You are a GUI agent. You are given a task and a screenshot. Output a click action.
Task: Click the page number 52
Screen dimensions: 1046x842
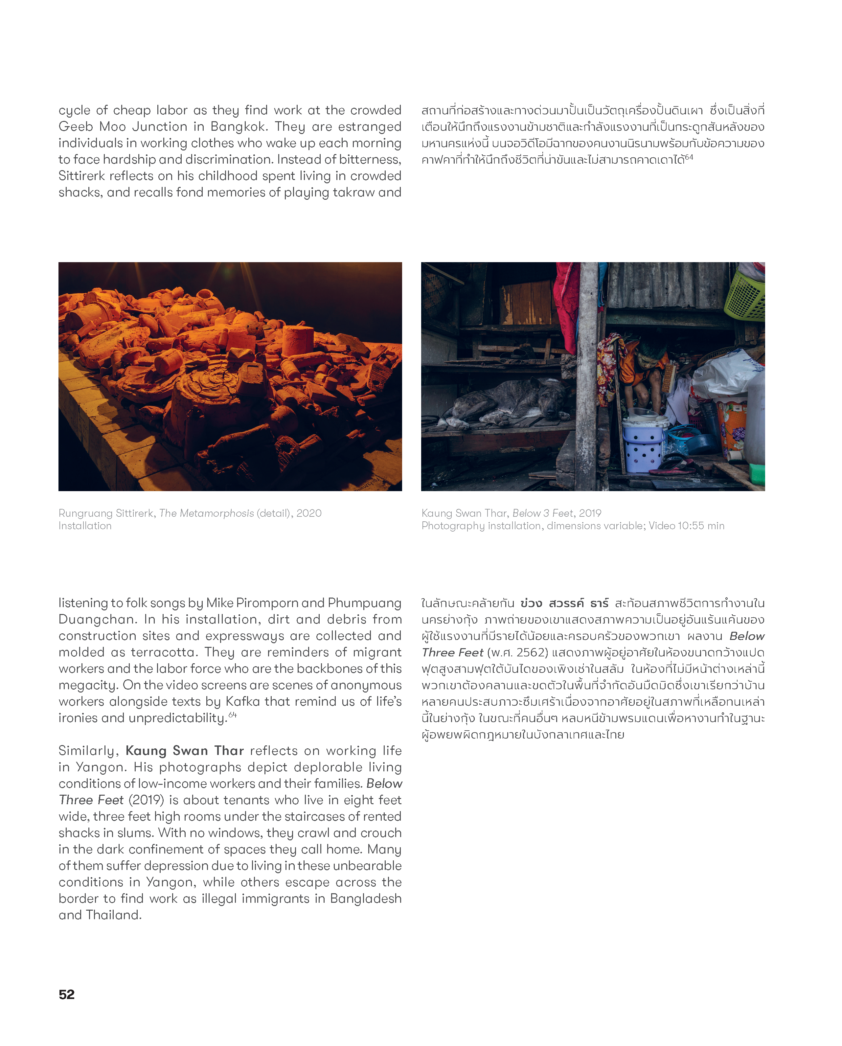[x=66, y=994]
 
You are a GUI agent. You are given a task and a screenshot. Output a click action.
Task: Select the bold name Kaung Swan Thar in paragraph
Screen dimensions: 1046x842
[x=184, y=751]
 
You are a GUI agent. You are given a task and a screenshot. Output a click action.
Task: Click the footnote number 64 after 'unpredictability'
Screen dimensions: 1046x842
[x=233, y=715]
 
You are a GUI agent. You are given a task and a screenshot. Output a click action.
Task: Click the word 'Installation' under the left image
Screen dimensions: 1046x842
[x=85, y=526]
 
